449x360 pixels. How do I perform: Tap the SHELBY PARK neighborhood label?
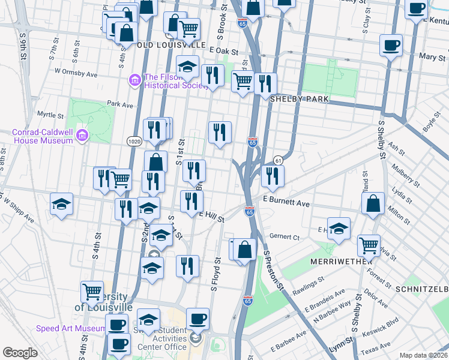pos(299,98)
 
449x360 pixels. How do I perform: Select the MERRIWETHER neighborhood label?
pos(338,262)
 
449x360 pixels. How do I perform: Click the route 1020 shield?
pos(134,140)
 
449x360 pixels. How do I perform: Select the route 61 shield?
pos(278,160)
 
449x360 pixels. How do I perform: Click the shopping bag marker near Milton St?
pos(373,203)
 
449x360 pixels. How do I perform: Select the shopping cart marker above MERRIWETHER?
pos(369,245)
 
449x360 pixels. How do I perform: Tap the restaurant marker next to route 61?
pos(273,175)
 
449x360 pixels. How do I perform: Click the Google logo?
pos(20,353)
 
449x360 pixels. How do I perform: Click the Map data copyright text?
pos(423,355)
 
